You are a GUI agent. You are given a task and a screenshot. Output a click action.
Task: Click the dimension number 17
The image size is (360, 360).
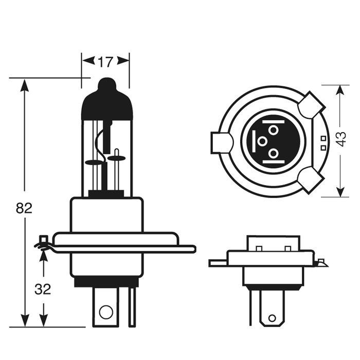105,62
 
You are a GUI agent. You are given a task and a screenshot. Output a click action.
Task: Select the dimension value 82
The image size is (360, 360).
24,208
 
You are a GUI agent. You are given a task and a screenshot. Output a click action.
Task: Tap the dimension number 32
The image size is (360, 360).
43,289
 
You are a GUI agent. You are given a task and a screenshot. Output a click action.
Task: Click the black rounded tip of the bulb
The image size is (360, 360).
107,85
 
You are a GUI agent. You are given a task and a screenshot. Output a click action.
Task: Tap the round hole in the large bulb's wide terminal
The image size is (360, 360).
105,312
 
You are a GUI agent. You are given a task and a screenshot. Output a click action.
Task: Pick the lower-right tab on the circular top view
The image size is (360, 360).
311,179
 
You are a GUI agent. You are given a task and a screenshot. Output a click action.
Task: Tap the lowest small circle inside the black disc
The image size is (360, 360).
273,153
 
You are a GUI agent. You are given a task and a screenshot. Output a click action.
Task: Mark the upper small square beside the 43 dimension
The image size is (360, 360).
323,138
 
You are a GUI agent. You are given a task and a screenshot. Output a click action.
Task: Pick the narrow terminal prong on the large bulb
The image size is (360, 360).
132,307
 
